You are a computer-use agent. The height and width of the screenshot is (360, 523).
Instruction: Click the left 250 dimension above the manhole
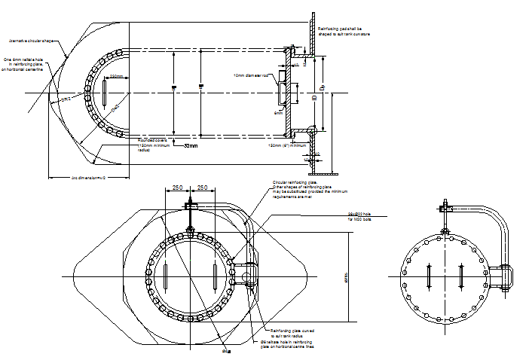click(x=178, y=188)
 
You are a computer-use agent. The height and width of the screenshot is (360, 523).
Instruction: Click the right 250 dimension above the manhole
click(x=203, y=188)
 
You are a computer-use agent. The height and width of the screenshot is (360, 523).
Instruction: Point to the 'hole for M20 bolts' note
click(x=361, y=215)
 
